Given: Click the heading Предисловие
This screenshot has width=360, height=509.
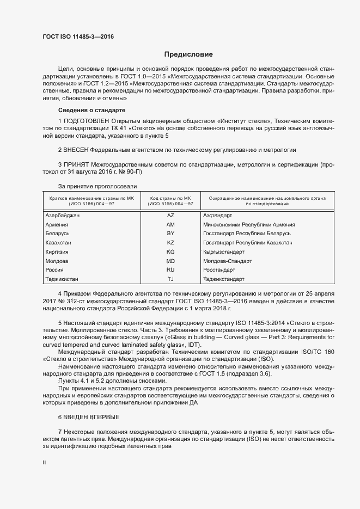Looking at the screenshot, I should [x=189, y=54].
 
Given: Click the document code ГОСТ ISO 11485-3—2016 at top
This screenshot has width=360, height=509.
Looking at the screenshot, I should [x=78, y=37].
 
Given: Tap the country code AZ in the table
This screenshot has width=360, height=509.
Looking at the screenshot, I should [x=170, y=216].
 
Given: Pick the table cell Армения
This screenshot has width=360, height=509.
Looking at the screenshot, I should [x=57, y=225].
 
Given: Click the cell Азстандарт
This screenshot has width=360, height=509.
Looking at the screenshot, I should [x=218, y=216].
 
